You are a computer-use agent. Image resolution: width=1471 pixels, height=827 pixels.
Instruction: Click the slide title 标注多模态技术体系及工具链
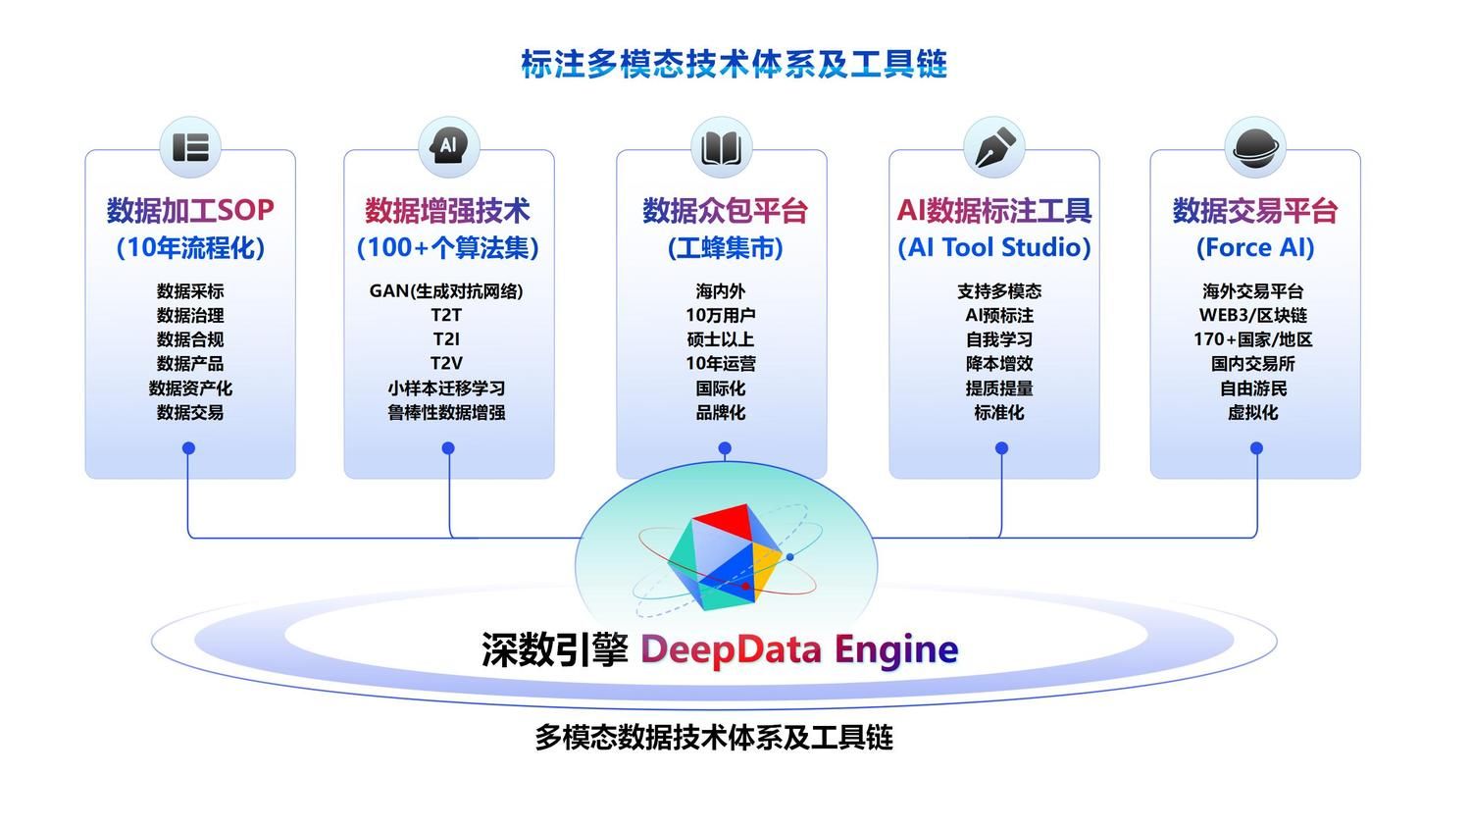tap(734, 65)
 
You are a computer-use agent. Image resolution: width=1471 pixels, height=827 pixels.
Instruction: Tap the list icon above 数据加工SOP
tap(190, 147)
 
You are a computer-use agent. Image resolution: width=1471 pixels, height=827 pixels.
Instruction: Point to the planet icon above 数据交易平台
tap(1254, 147)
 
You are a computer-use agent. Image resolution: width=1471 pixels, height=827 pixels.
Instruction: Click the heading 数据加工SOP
tap(190, 210)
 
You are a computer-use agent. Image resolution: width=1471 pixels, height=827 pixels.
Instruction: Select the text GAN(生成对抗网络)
tap(446, 291)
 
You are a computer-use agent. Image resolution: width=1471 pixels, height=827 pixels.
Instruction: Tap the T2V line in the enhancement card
tap(446, 363)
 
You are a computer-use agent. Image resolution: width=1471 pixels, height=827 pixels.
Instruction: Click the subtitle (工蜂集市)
tap(725, 248)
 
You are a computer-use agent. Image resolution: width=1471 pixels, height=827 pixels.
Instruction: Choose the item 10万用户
tap(721, 315)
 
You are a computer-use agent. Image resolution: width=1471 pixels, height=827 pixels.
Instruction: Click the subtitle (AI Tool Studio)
tap(994, 248)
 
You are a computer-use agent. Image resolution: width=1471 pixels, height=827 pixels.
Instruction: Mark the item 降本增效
tap(999, 363)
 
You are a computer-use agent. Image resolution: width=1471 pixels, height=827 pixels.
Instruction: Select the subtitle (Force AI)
tap(1255, 248)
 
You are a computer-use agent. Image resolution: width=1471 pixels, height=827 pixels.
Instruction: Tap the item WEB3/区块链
tap(1253, 315)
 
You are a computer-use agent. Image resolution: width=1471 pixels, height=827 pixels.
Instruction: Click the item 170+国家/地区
tap(1253, 339)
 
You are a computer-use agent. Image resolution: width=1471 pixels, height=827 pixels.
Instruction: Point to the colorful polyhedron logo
tap(726, 554)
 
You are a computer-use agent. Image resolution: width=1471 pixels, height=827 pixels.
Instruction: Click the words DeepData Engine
tap(799, 649)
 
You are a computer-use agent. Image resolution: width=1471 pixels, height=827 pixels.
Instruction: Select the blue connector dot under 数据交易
tap(189, 448)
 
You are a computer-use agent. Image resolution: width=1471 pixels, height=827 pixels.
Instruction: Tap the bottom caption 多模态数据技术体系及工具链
tap(714, 738)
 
